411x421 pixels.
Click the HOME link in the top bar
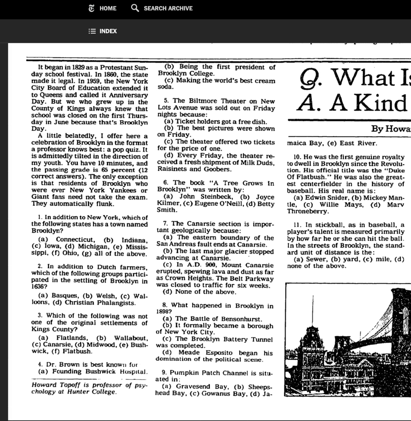(108, 8)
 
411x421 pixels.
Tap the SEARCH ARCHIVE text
(168, 8)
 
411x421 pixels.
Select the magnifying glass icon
(135, 8)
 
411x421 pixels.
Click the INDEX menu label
(108, 31)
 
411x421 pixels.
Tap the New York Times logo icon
(92, 8)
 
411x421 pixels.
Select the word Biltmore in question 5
(203, 101)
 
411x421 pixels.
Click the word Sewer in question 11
(317, 259)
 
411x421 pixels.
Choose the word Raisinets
(172, 169)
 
